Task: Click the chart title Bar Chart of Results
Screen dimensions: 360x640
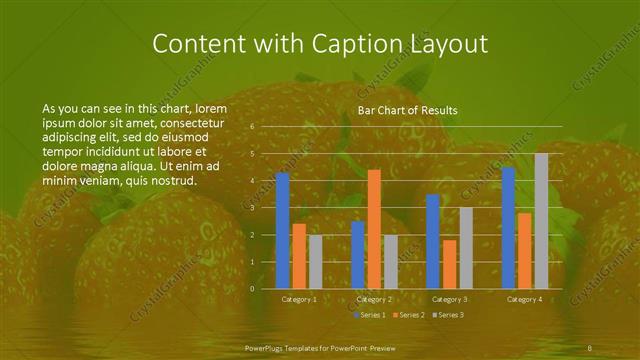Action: click(x=407, y=110)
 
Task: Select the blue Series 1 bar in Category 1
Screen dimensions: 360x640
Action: click(x=283, y=230)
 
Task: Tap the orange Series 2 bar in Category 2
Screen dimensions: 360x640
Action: click(x=374, y=229)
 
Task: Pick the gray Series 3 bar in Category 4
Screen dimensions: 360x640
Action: click(x=541, y=221)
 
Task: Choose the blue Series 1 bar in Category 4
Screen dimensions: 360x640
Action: click(x=508, y=227)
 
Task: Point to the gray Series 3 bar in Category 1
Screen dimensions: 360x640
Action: click(x=315, y=261)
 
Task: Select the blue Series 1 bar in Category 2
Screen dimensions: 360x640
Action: click(x=358, y=254)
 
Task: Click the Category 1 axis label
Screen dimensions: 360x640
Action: click(x=299, y=299)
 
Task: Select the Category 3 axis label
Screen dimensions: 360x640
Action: click(x=449, y=299)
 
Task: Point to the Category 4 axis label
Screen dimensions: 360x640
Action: click(x=524, y=299)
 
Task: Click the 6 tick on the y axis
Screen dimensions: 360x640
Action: click(x=252, y=127)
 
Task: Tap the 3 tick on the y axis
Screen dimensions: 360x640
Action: click(x=252, y=208)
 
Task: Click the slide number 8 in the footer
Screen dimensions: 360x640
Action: click(x=590, y=347)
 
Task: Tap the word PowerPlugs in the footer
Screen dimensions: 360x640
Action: click(x=267, y=347)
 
